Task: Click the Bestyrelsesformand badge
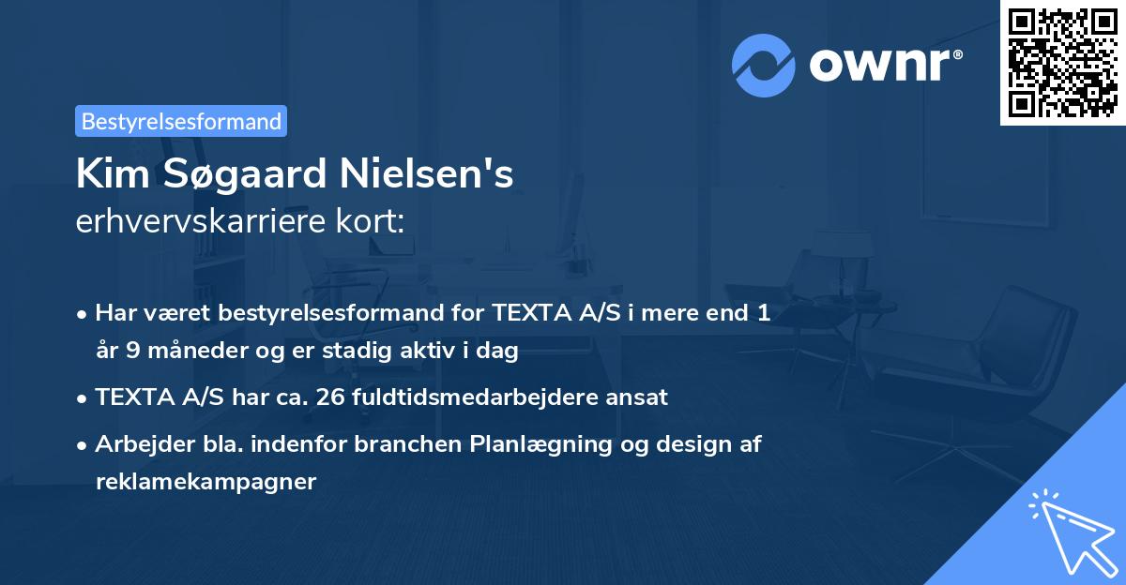click(x=181, y=121)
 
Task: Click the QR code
click(x=1063, y=62)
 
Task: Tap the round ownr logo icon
click(x=764, y=66)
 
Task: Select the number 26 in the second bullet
click(x=330, y=397)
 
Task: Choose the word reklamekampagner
click(x=205, y=482)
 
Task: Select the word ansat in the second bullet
click(x=638, y=397)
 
